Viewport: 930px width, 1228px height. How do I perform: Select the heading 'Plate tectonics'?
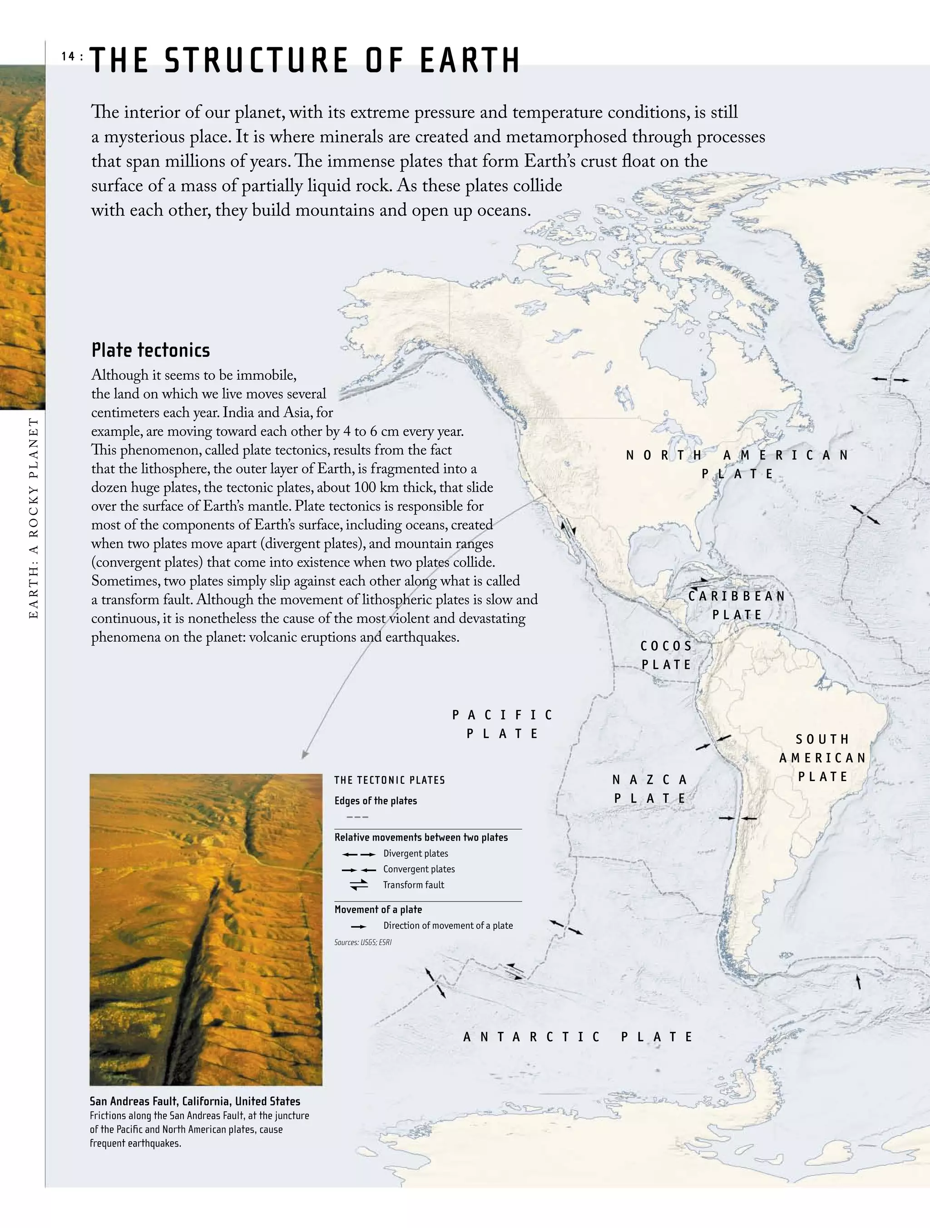(x=150, y=350)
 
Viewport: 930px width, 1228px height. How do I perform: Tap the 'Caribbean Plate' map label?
(x=737, y=605)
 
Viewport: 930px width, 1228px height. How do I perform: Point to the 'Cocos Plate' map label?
(x=666, y=655)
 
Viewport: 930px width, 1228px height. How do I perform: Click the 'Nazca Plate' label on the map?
(x=650, y=789)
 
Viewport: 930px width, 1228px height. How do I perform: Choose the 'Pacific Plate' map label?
(x=503, y=724)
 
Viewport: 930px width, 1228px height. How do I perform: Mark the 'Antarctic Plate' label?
(x=579, y=1036)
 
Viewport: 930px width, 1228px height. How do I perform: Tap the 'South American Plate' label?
(x=823, y=758)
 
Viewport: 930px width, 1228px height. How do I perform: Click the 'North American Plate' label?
(x=737, y=464)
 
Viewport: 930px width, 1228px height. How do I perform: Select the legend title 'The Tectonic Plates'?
(x=390, y=780)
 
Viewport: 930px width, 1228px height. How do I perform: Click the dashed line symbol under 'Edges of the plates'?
(x=357, y=817)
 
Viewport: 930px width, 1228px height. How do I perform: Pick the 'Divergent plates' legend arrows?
(x=358, y=854)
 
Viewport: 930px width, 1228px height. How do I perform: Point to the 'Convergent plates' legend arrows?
(x=358, y=870)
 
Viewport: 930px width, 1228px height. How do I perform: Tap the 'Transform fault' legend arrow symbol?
(x=359, y=885)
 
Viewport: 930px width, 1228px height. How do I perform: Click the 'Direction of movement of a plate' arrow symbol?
(x=359, y=926)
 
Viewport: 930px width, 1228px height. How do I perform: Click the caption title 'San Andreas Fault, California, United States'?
(x=195, y=1101)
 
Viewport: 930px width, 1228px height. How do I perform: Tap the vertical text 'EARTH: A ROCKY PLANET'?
(x=34, y=519)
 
